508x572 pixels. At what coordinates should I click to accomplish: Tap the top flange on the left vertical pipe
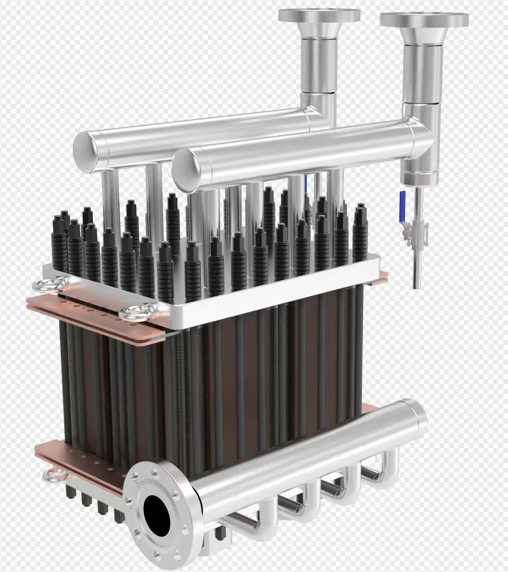[x=319, y=15]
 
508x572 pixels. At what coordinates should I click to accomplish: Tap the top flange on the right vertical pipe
[x=424, y=19]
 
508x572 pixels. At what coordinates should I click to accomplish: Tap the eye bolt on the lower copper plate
[x=51, y=475]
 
